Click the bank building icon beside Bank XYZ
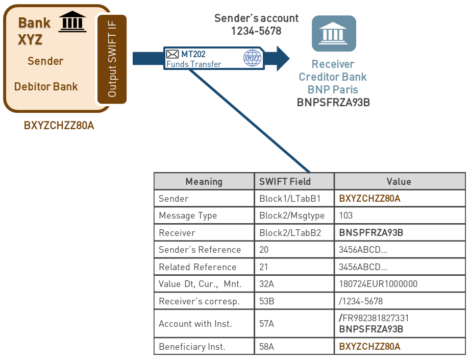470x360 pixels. click(x=72, y=22)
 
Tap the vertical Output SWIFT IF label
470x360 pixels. click(x=112, y=59)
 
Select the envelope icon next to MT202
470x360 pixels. click(x=173, y=54)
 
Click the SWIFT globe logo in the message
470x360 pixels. click(x=252, y=58)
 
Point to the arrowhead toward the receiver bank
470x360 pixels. click(x=282, y=58)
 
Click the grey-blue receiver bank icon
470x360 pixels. click(x=334, y=33)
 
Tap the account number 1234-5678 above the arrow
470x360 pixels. click(x=256, y=31)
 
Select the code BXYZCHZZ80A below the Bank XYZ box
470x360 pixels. click(x=59, y=126)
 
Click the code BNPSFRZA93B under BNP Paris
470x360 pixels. click(x=333, y=102)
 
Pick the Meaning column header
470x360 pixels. click(x=204, y=181)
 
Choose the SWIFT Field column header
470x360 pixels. click(x=285, y=181)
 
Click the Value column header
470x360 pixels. click(x=399, y=181)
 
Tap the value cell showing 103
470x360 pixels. click(x=346, y=215)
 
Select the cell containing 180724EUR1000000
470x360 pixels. click(x=378, y=284)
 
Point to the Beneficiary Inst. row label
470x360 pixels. click(x=192, y=347)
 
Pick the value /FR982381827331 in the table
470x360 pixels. click(x=374, y=318)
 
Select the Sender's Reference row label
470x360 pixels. click(x=200, y=250)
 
